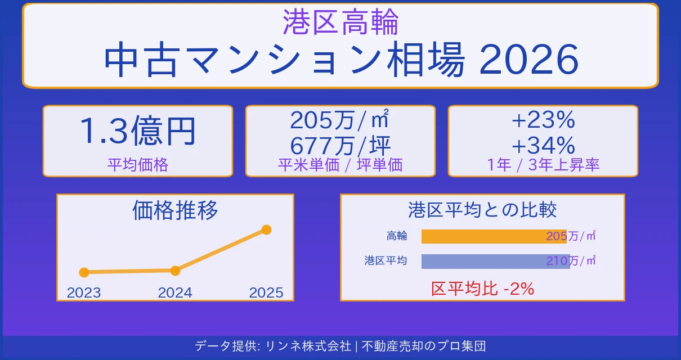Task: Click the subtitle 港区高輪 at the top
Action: [340, 22]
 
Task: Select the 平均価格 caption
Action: [138, 165]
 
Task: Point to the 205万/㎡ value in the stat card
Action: [340, 120]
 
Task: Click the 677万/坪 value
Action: [340, 146]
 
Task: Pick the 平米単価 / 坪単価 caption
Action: [340, 165]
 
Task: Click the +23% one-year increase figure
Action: [543, 120]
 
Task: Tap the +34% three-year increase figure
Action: [543, 146]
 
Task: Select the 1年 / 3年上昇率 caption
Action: [543, 165]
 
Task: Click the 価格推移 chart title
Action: [175, 210]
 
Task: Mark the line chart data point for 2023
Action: [84, 272]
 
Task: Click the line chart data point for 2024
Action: [175, 271]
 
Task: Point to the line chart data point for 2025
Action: [267, 229]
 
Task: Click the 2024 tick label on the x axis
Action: [175, 292]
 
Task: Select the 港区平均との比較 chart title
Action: [482, 210]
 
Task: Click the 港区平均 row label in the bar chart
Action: [386, 261]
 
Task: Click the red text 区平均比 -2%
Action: [482, 289]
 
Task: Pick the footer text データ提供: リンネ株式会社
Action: [273, 346]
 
